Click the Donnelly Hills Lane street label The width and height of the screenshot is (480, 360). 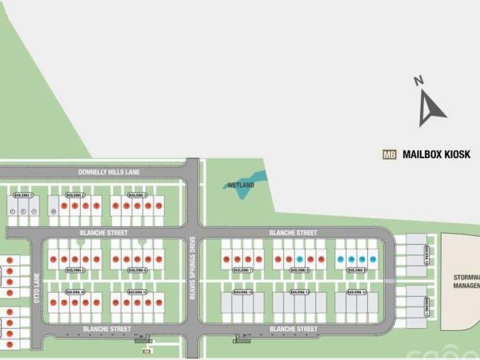pos(109,171)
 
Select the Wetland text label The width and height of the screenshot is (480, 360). pos(240,185)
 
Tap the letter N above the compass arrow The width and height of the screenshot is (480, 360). pos(419,81)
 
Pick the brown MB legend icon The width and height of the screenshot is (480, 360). pos(389,154)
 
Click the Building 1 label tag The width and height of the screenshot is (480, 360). pos(23,195)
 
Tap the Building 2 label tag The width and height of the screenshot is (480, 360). pos(75,195)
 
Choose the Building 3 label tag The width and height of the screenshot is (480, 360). pos(137,195)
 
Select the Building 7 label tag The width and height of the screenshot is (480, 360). pos(243,270)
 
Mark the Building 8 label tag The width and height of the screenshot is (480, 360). pos(300,270)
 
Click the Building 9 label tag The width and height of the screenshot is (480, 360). pos(357,270)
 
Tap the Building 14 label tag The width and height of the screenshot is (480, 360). pos(243,292)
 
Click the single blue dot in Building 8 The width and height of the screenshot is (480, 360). pos(300,259)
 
